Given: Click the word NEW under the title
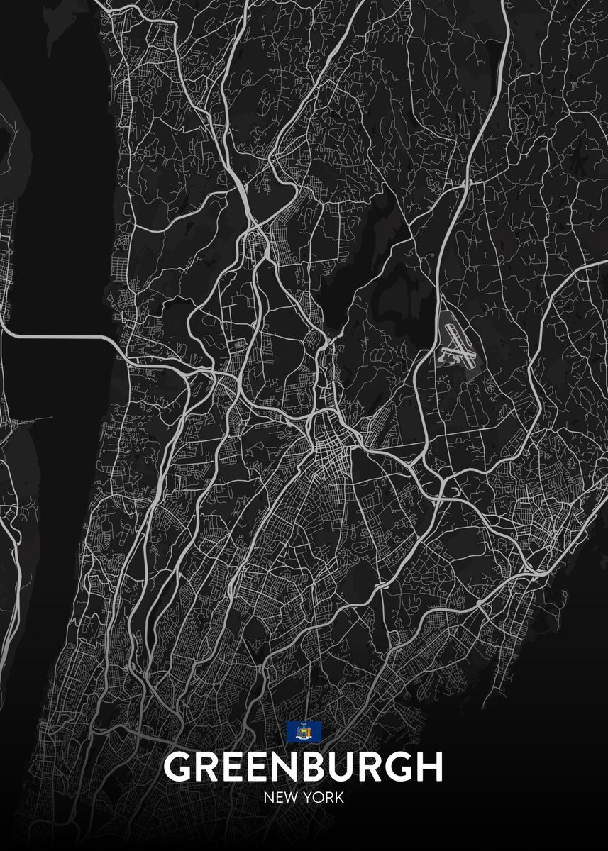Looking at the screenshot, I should (280, 798).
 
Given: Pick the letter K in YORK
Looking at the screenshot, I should (339, 798).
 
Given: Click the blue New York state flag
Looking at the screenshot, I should (304, 731).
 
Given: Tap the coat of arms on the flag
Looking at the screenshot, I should (304, 731).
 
